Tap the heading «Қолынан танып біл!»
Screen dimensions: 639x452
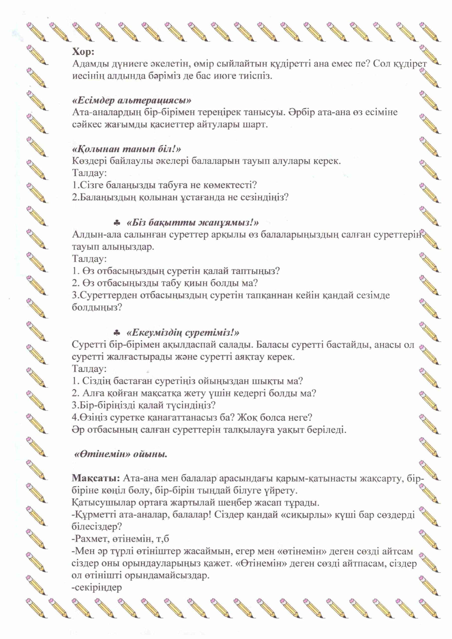126,149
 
